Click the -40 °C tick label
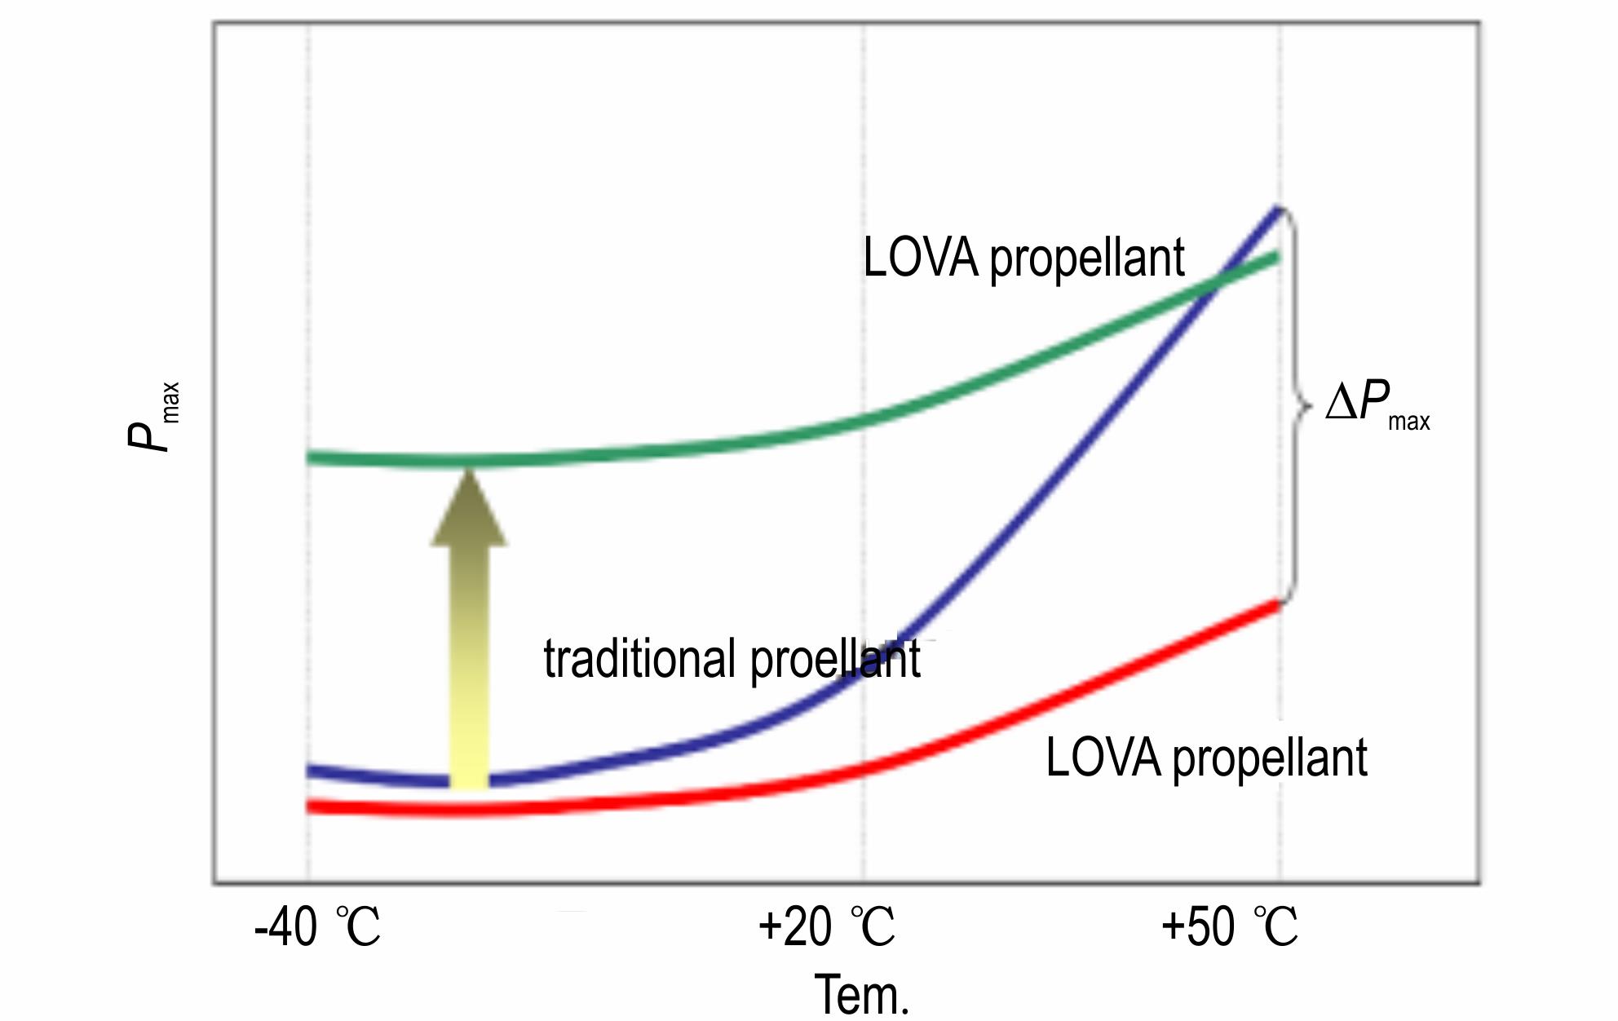[x=317, y=927]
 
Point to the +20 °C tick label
[x=826, y=927]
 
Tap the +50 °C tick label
[x=1229, y=927]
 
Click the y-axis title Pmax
[x=153, y=416]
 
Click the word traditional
[x=640, y=659]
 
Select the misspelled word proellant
[x=835, y=659]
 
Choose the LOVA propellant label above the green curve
[x=1023, y=259]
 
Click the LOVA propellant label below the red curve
[x=1206, y=758]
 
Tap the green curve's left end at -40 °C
[x=310, y=457]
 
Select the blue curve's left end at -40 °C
[x=310, y=770]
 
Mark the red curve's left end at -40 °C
[x=310, y=807]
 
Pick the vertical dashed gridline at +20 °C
[x=864, y=245]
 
